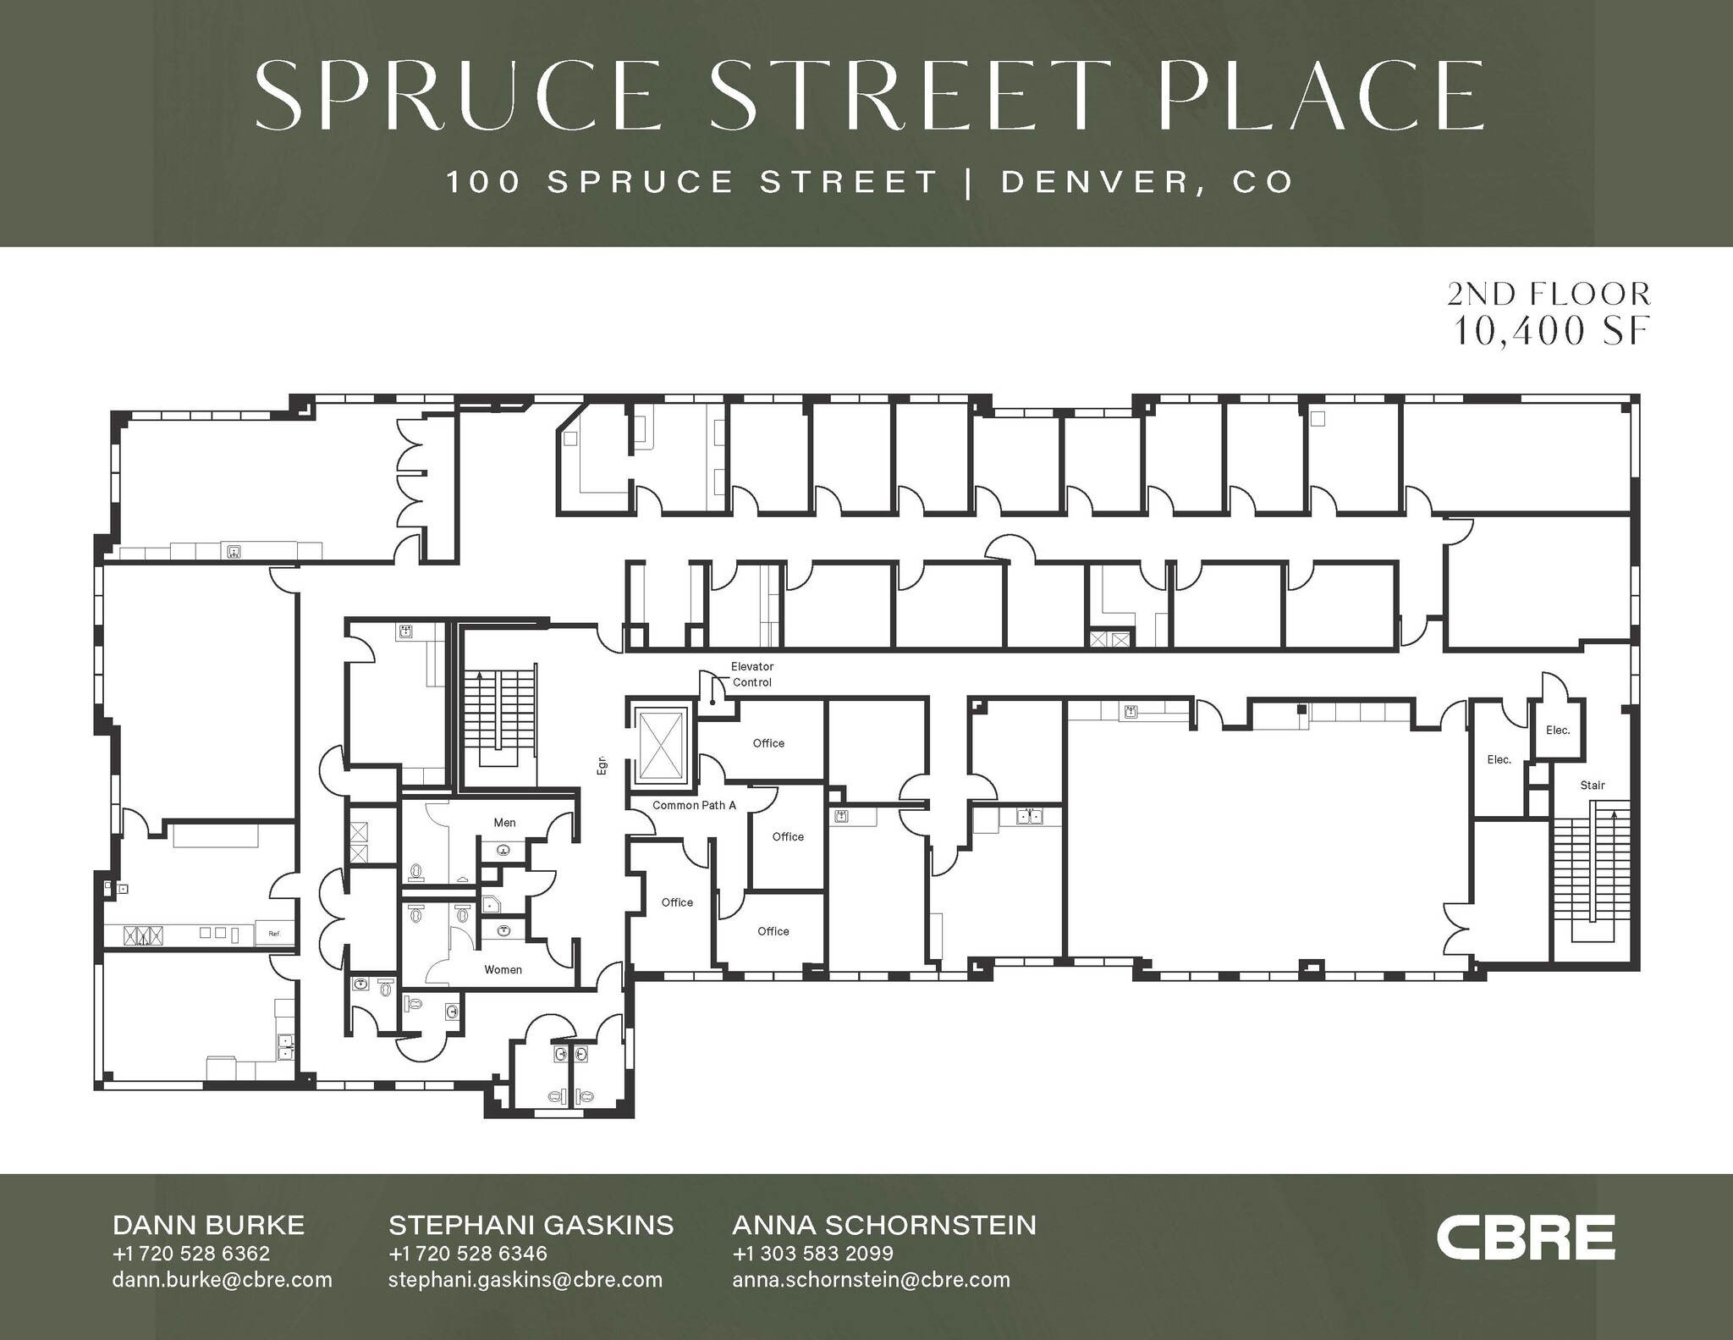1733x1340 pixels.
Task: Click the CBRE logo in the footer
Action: (1525, 1238)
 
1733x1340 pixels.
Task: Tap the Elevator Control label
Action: (751, 675)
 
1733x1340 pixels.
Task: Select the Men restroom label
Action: (504, 822)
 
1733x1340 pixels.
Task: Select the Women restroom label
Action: (503, 969)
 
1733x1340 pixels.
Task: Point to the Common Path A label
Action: (694, 805)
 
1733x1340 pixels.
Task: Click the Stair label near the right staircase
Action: (1592, 785)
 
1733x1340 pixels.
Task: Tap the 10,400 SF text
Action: (1551, 331)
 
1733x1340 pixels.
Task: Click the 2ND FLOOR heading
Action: (1549, 294)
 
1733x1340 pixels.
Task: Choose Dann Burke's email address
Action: (222, 1279)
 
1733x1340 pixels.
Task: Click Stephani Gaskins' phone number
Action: (467, 1253)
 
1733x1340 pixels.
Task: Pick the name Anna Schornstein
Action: (883, 1225)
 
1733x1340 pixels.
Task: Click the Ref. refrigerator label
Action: (274, 934)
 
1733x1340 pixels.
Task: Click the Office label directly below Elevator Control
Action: (768, 743)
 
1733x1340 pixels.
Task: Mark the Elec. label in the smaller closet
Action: (1557, 730)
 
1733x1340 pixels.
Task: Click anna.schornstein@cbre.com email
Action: (871, 1279)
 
